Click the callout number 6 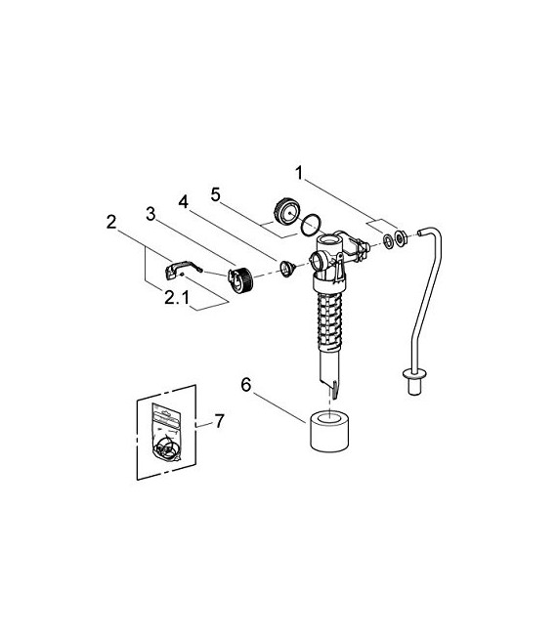pyautogui.click(x=246, y=386)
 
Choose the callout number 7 pyautogui.click(x=219, y=421)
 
